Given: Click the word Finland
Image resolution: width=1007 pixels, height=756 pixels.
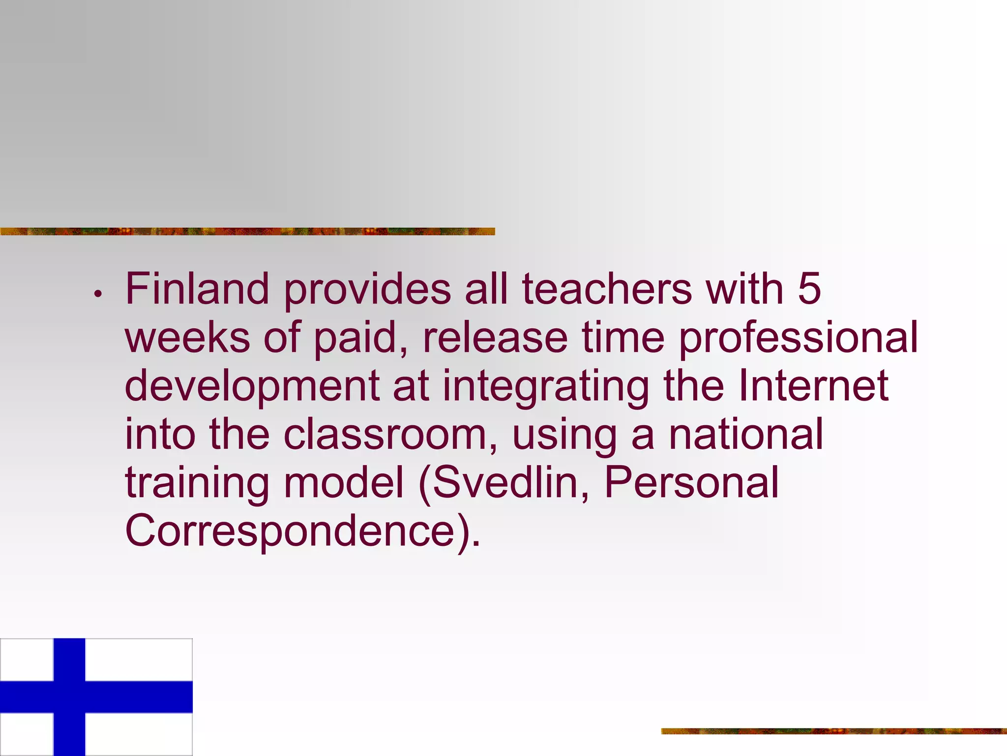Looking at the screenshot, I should (x=197, y=289).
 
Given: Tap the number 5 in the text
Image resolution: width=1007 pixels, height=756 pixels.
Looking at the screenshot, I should (x=809, y=289).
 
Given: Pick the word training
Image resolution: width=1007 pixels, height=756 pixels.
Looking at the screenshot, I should (x=197, y=483).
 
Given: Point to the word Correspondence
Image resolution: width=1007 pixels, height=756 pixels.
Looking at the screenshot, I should (x=290, y=532).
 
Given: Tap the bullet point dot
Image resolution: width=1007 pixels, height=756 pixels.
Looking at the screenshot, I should (x=98, y=294).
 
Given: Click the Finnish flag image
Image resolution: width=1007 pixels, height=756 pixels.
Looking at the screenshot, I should (x=96, y=697).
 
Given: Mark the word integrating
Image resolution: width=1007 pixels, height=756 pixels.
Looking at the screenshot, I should (x=546, y=387).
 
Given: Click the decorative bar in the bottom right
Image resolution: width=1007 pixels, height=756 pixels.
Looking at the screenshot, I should (x=834, y=731).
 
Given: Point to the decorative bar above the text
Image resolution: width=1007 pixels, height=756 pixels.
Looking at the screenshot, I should (x=247, y=231).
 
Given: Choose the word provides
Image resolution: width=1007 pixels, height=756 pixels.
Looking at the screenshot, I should (x=367, y=290).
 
